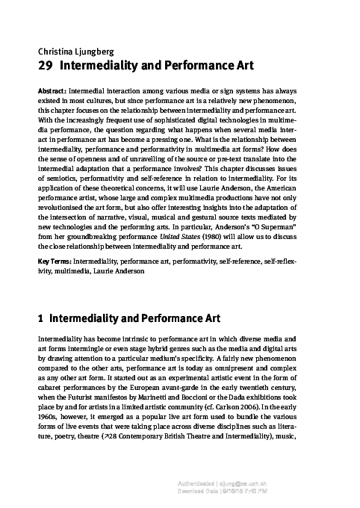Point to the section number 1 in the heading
40,317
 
